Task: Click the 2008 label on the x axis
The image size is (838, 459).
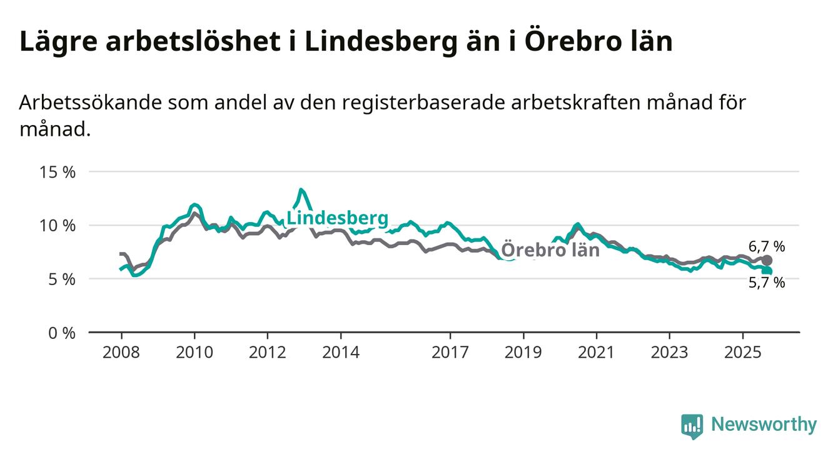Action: [121, 352]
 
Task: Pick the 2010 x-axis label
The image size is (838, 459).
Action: [194, 352]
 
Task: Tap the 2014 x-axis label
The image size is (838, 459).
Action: [340, 352]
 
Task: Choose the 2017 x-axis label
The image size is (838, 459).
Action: [450, 352]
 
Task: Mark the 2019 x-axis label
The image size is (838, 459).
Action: [523, 352]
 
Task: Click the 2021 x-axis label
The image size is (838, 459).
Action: [596, 352]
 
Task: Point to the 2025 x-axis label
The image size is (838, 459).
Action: [742, 352]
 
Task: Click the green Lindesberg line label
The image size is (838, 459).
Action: [337, 218]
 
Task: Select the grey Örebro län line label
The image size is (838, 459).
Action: [550, 250]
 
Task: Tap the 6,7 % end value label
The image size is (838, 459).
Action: [766, 246]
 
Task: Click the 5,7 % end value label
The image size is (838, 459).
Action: [766, 283]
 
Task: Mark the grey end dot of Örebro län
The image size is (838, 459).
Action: [767, 260]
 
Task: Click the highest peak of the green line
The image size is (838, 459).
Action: [301, 189]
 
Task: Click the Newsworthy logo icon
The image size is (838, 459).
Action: [692, 426]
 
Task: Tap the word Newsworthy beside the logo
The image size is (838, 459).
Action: [764, 425]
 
